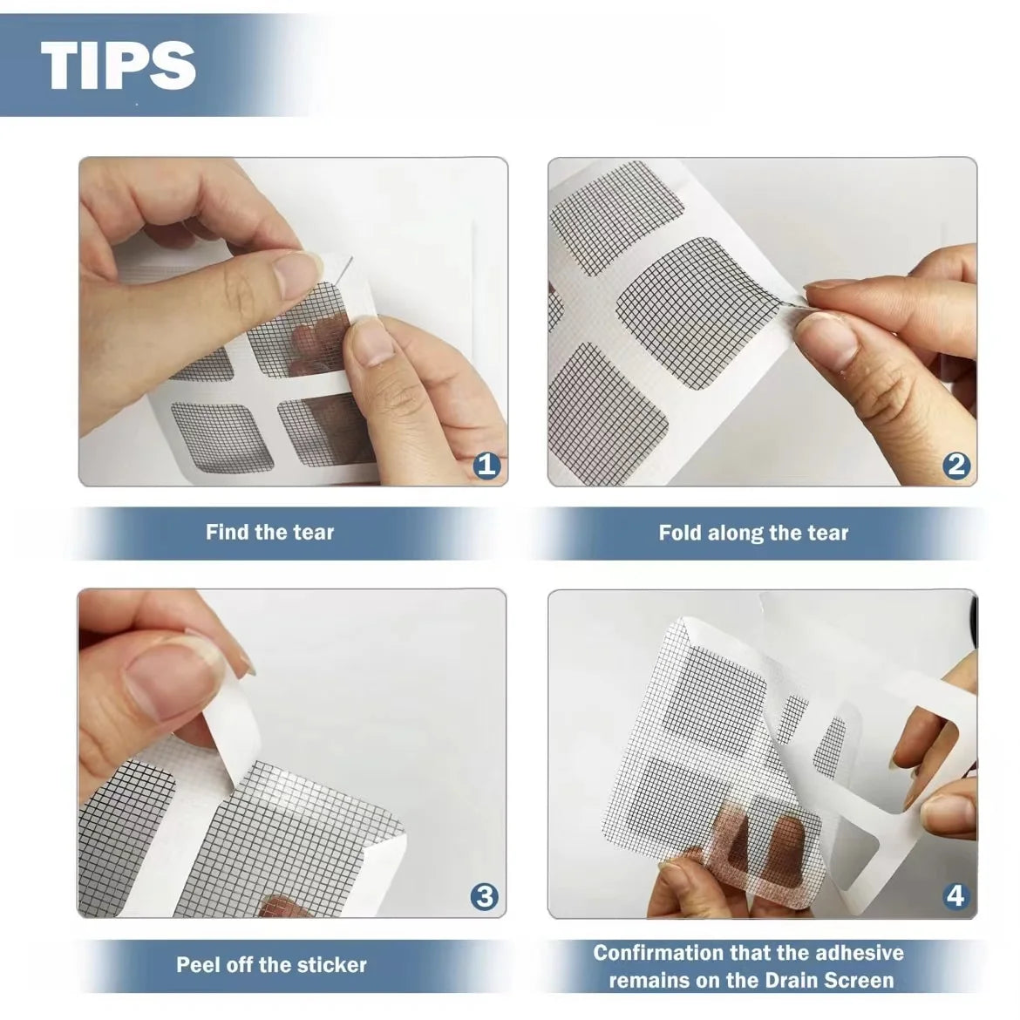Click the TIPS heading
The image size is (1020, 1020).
119,64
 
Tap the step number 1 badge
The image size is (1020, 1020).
486,465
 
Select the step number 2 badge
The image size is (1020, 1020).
956,465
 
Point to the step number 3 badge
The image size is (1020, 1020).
484,896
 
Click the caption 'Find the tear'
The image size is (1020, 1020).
269,532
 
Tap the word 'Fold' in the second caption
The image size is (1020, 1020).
679,533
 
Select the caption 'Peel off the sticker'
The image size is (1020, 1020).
271,964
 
